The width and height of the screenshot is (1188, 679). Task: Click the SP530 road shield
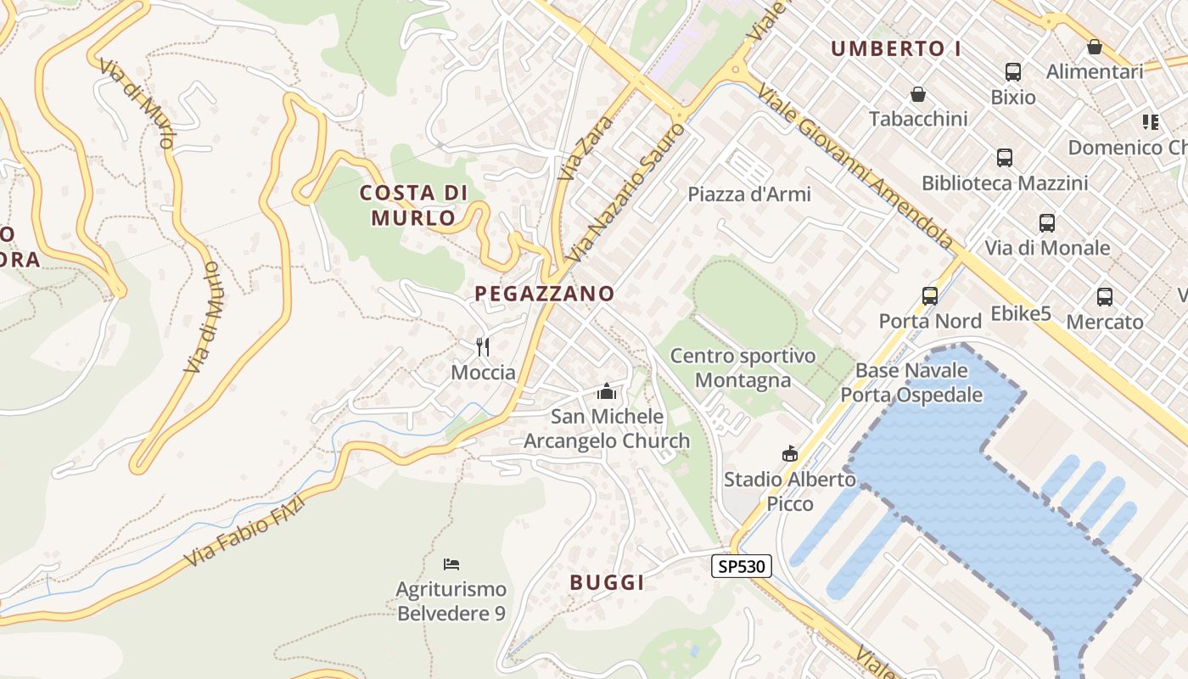click(741, 565)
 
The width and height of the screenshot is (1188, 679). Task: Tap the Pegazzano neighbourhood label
click(544, 294)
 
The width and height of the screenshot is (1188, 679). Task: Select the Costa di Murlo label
click(413, 205)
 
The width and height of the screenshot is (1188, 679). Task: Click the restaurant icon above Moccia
click(483, 346)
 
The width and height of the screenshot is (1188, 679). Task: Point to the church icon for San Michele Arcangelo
click(606, 391)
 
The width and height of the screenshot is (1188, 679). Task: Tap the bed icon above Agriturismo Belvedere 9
click(451, 564)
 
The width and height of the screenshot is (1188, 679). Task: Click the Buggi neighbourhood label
click(607, 582)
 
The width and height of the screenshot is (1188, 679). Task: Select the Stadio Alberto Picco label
click(790, 491)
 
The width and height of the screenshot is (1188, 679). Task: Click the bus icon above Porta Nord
click(930, 296)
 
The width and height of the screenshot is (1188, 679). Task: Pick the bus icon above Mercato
click(1104, 297)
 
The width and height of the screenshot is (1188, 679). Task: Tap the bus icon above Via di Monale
click(1047, 223)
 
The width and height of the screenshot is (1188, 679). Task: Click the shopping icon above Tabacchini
click(917, 93)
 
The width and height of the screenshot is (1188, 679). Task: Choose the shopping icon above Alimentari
click(1095, 47)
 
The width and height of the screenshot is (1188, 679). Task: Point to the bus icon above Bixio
click(1012, 72)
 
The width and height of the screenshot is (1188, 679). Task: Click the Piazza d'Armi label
click(749, 194)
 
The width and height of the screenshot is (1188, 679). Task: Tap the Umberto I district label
click(895, 49)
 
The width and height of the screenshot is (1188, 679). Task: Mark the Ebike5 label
click(1021, 314)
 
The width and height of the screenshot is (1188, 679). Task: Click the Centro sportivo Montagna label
click(742, 368)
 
